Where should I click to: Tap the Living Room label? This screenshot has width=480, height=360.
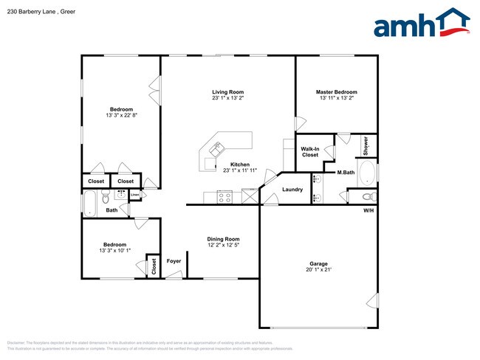(x=227, y=92)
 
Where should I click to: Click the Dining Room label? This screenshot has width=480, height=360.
(x=222, y=239)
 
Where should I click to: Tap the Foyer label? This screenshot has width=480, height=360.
(x=174, y=261)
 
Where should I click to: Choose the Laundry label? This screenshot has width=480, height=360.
(x=292, y=190)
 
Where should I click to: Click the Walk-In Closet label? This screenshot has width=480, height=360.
(x=309, y=152)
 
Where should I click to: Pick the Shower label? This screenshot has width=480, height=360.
(x=366, y=145)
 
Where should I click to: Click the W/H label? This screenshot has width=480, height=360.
(x=368, y=210)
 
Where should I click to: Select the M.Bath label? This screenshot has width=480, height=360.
(x=346, y=173)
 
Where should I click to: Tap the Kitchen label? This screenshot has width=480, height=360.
(x=239, y=165)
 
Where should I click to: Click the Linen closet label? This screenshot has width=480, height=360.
(x=134, y=195)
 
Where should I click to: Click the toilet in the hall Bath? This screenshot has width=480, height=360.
(x=106, y=198)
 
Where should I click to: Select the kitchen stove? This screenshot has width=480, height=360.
(x=224, y=197)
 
